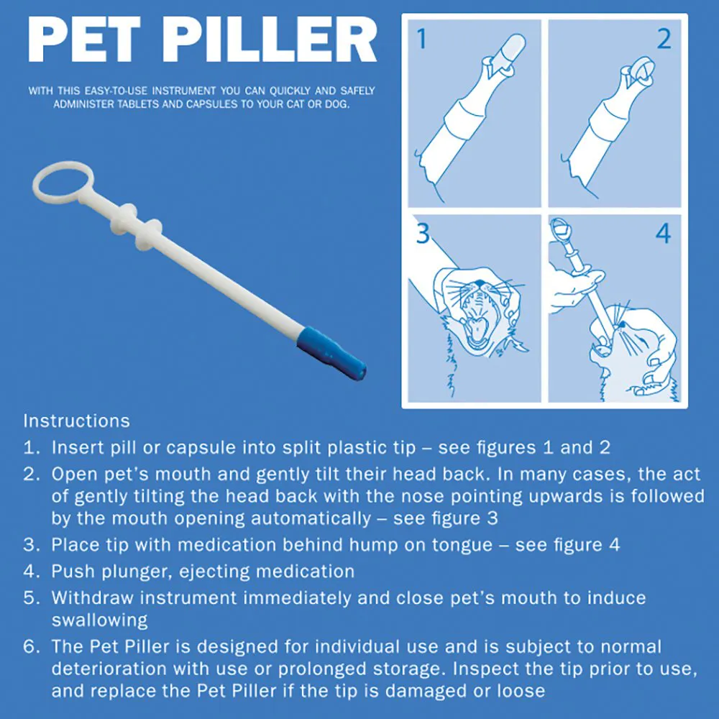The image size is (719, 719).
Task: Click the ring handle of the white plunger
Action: click(x=63, y=182)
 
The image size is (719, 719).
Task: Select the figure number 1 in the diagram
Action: click(x=422, y=40)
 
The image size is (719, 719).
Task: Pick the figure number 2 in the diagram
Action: click(x=663, y=40)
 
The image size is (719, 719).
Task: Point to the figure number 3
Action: click(x=423, y=234)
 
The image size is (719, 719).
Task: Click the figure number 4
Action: click(x=663, y=234)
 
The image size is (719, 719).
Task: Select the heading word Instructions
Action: click(x=76, y=421)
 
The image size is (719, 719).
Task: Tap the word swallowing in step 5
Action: click(x=99, y=620)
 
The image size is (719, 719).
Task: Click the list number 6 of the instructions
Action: click(x=30, y=647)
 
